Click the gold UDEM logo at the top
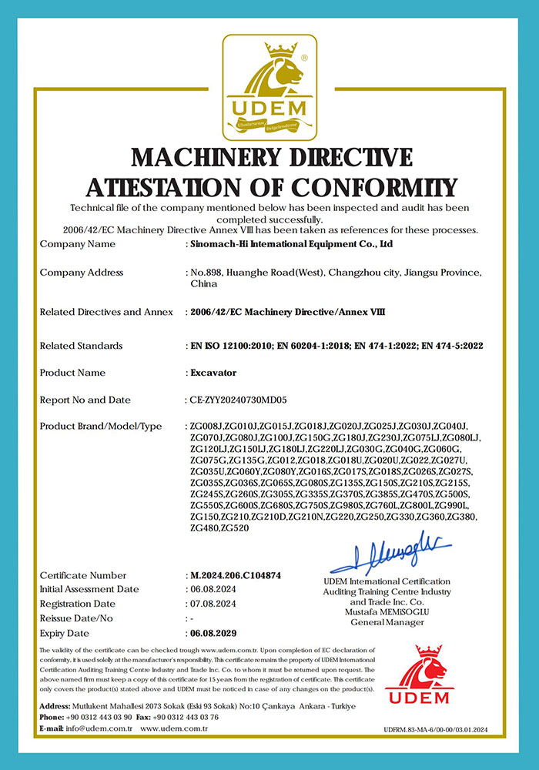pos(269,85)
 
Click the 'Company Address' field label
pos(81,273)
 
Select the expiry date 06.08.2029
pos(213,633)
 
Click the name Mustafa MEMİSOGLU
pos(387,611)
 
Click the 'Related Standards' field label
pos(81,346)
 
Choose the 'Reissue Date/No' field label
pos(76,618)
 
